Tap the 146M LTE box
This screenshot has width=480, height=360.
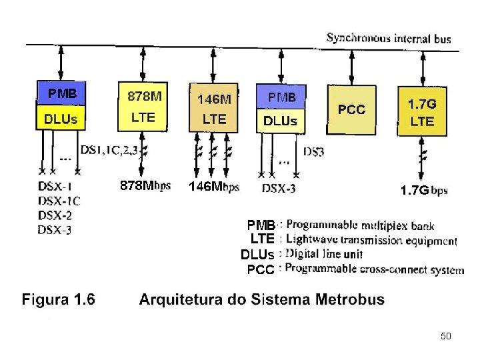[214, 109]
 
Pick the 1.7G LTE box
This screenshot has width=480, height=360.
[422, 112]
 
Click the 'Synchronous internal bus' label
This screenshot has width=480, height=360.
[388, 38]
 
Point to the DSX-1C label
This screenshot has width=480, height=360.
[59, 201]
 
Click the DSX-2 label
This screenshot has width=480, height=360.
[55, 215]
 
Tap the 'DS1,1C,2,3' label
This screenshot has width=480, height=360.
[109, 151]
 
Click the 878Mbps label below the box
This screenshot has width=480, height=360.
[145, 185]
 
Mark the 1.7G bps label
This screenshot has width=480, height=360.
[423, 191]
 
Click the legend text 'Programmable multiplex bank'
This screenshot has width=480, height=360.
[360, 225]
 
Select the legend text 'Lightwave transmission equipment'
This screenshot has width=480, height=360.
[371, 240]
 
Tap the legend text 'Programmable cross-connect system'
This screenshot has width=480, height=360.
[374, 269]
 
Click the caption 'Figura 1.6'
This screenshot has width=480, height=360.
[58, 299]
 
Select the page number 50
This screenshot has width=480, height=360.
[446, 336]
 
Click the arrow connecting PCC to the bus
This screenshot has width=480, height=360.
[351, 65]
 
